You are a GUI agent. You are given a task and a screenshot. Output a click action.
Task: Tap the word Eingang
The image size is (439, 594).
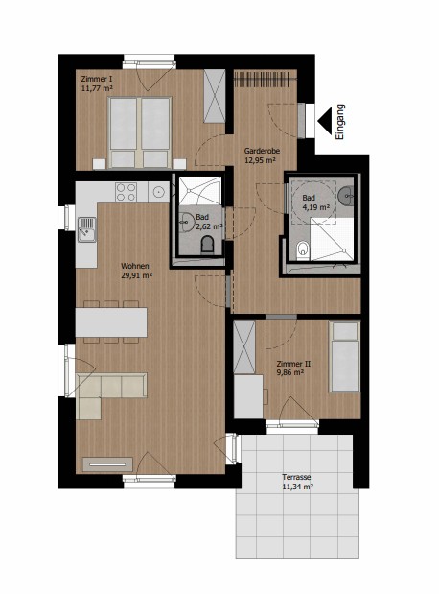(x=340, y=122)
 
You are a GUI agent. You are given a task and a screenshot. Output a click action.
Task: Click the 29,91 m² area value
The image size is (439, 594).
(x=136, y=275)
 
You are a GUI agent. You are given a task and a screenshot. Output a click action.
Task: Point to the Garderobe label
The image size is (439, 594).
(x=262, y=151)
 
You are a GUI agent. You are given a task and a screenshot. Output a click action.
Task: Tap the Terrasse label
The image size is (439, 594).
(x=296, y=477)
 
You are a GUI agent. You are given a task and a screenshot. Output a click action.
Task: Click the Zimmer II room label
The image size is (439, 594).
(x=293, y=364)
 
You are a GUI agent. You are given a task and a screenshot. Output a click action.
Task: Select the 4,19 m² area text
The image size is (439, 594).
(x=315, y=207)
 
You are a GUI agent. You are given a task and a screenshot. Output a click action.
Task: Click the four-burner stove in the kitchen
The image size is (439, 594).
(x=126, y=192)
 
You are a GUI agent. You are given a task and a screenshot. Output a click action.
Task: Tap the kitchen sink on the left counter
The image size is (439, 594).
(x=86, y=229)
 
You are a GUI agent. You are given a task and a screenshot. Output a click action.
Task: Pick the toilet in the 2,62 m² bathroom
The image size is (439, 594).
(x=207, y=245)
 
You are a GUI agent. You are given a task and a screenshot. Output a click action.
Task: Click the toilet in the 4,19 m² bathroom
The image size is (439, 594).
(x=303, y=250)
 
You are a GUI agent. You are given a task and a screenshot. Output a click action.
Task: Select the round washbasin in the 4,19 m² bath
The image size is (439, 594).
(x=345, y=195)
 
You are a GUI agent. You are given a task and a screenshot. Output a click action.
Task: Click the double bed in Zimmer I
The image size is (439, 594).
(x=140, y=132)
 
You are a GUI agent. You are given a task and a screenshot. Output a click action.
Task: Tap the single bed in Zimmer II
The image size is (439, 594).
(x=344, y=356)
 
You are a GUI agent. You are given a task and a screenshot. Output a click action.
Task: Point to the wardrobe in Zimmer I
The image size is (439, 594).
(x=215, y=96)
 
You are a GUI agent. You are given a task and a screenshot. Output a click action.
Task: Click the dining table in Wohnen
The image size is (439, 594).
(x=111, y=322)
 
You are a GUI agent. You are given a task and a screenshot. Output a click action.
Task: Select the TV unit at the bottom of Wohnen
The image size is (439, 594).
(x=108, y=464)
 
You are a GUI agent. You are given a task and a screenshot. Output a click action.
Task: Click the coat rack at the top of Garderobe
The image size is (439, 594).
(x=265, y=80)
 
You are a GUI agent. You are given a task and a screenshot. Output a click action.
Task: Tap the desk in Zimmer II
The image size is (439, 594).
(x=248, y=396)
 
